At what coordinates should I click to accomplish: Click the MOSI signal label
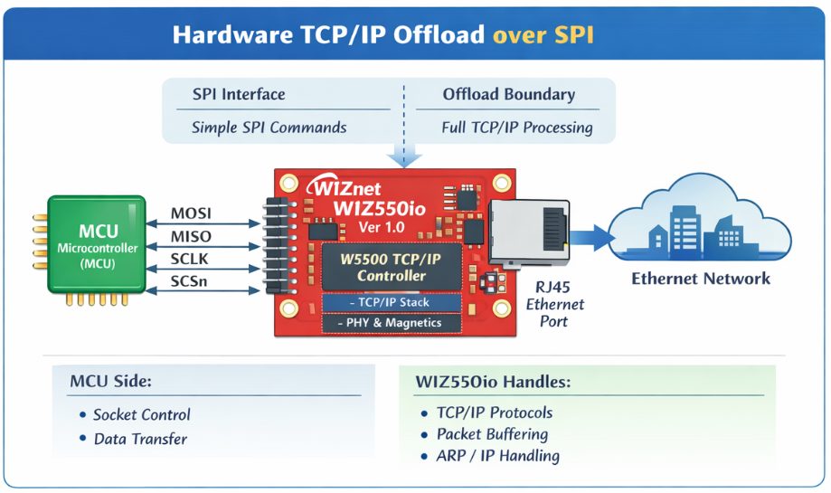191,214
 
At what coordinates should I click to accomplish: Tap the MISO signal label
191,237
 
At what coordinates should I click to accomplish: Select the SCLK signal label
191,260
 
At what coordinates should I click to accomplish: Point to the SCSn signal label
191,282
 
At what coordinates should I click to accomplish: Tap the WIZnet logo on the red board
348,188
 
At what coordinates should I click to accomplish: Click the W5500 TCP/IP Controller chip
392,267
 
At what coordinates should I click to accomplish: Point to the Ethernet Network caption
701,279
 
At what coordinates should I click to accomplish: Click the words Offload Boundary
508,95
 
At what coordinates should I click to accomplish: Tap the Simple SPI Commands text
269,128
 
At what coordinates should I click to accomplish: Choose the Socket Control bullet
141,415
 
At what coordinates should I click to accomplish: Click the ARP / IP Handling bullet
497,456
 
